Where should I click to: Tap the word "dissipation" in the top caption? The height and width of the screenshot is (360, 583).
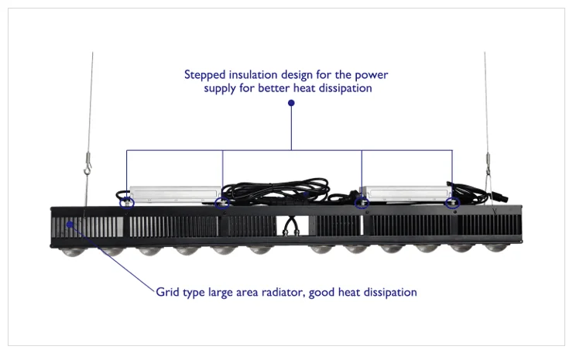click(x=341, y=89)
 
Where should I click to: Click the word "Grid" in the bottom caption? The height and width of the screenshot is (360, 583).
click(x=167, y=293)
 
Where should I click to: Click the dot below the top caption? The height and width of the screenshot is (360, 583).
click(x=291, y=102)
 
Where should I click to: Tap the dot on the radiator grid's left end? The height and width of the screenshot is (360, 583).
click(x=70, y=224)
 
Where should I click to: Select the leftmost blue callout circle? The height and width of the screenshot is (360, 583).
click(x=127, y=203)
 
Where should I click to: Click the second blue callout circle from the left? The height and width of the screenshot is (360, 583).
click(x=222, y=203)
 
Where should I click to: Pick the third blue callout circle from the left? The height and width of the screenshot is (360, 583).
click(x=361, y=203)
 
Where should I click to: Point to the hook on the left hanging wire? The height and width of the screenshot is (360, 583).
click(x=88, y=165)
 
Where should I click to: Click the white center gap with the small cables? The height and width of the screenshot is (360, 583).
click(x=291, y=225)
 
